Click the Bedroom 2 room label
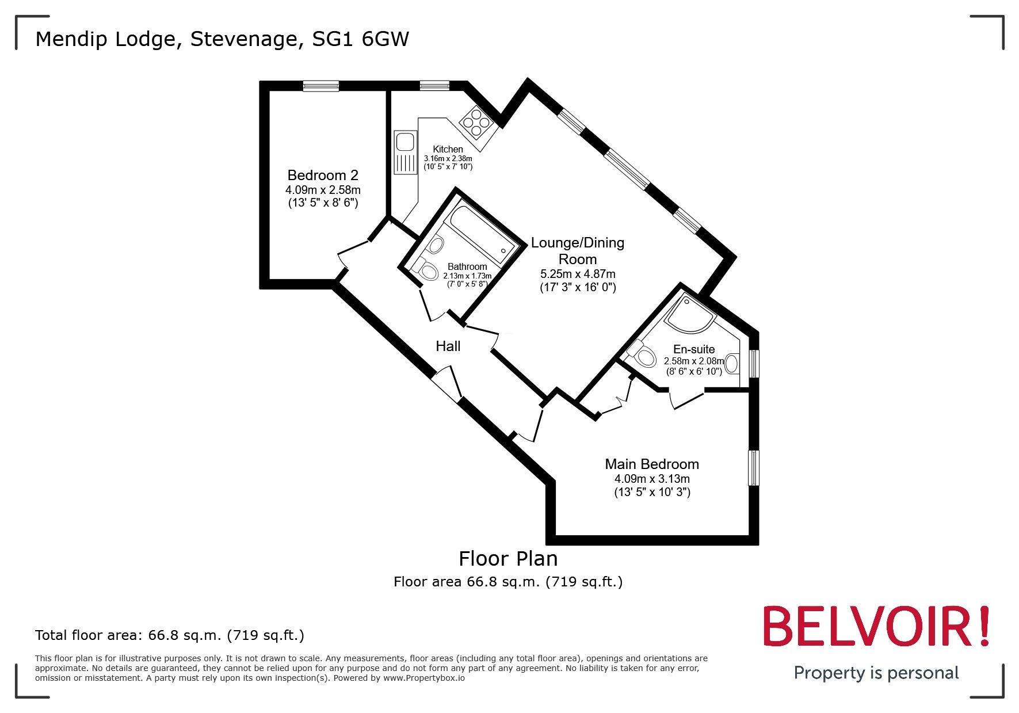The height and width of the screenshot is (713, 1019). click(x=323, y=175)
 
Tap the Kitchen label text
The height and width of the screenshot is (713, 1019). click(x=448, y=149)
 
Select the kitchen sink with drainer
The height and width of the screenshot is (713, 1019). click(x=405, y=152)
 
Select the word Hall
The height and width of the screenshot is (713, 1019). click(x=448, y=346)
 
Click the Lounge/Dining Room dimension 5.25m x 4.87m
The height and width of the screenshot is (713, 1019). click(x=578, y=274)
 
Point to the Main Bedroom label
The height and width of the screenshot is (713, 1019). click(x=651, y=464)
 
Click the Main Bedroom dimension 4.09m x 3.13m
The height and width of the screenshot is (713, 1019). click(x=651, y=479)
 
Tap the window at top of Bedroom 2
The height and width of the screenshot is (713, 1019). click(x=321, y=86)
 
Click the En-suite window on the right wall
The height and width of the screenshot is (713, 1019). click(x=754, y=363)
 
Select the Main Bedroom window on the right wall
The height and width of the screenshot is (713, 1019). click(x=754, y=467)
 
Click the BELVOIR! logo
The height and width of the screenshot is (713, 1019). click(x=875, y=626)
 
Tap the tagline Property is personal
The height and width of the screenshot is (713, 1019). click(x=876, y=673)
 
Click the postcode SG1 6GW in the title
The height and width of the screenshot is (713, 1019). click(x=360, y=39)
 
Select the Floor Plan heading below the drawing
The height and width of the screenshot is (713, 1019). click(x=508, y=558)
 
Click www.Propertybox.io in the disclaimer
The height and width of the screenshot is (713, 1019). click(x=424, y=678)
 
